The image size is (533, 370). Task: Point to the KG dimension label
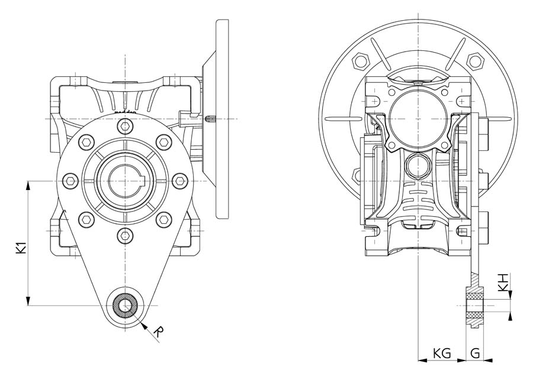(x=442, y=353)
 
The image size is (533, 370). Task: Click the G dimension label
(x=476, y=353)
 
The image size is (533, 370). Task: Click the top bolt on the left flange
(x=124, y=126)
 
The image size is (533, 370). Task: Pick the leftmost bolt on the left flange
(x=70, y=180)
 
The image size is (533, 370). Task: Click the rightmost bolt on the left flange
(x=179, y=180)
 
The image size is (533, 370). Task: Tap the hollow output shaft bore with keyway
(x=125, y=180)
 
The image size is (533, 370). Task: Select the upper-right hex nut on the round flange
(x=474, y=61)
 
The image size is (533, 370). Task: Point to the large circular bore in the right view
(x=418, y=114)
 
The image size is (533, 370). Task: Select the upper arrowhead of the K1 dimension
(x=28, y=184)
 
